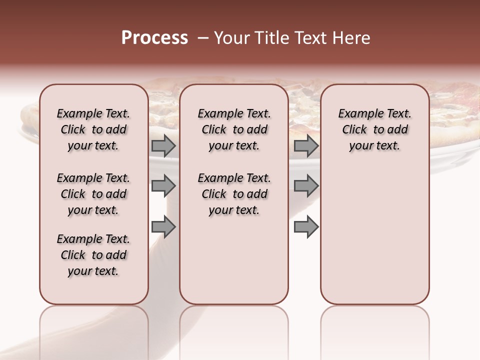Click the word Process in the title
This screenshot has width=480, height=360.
point(154,38)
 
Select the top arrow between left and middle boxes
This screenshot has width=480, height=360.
point(163,145)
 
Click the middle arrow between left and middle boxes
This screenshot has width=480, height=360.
point(163,186)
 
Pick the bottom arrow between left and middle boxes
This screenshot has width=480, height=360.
point(163,227)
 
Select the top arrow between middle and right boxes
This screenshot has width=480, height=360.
point(306,145)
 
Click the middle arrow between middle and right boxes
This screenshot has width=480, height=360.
point(306,186)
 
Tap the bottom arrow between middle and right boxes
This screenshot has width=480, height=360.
point(306,227)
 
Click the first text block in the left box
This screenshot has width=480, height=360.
point(93,129)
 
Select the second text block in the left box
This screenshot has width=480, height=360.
point(93,194)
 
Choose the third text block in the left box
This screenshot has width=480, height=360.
point(93,255)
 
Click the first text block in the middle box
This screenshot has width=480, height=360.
point(234,129)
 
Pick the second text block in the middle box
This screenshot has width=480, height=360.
point(234,194)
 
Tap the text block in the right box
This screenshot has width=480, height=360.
point(375,129)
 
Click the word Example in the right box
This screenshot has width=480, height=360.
point(357,114)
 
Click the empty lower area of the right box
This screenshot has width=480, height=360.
point(375,240)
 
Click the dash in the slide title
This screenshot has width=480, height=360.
point(202,38)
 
